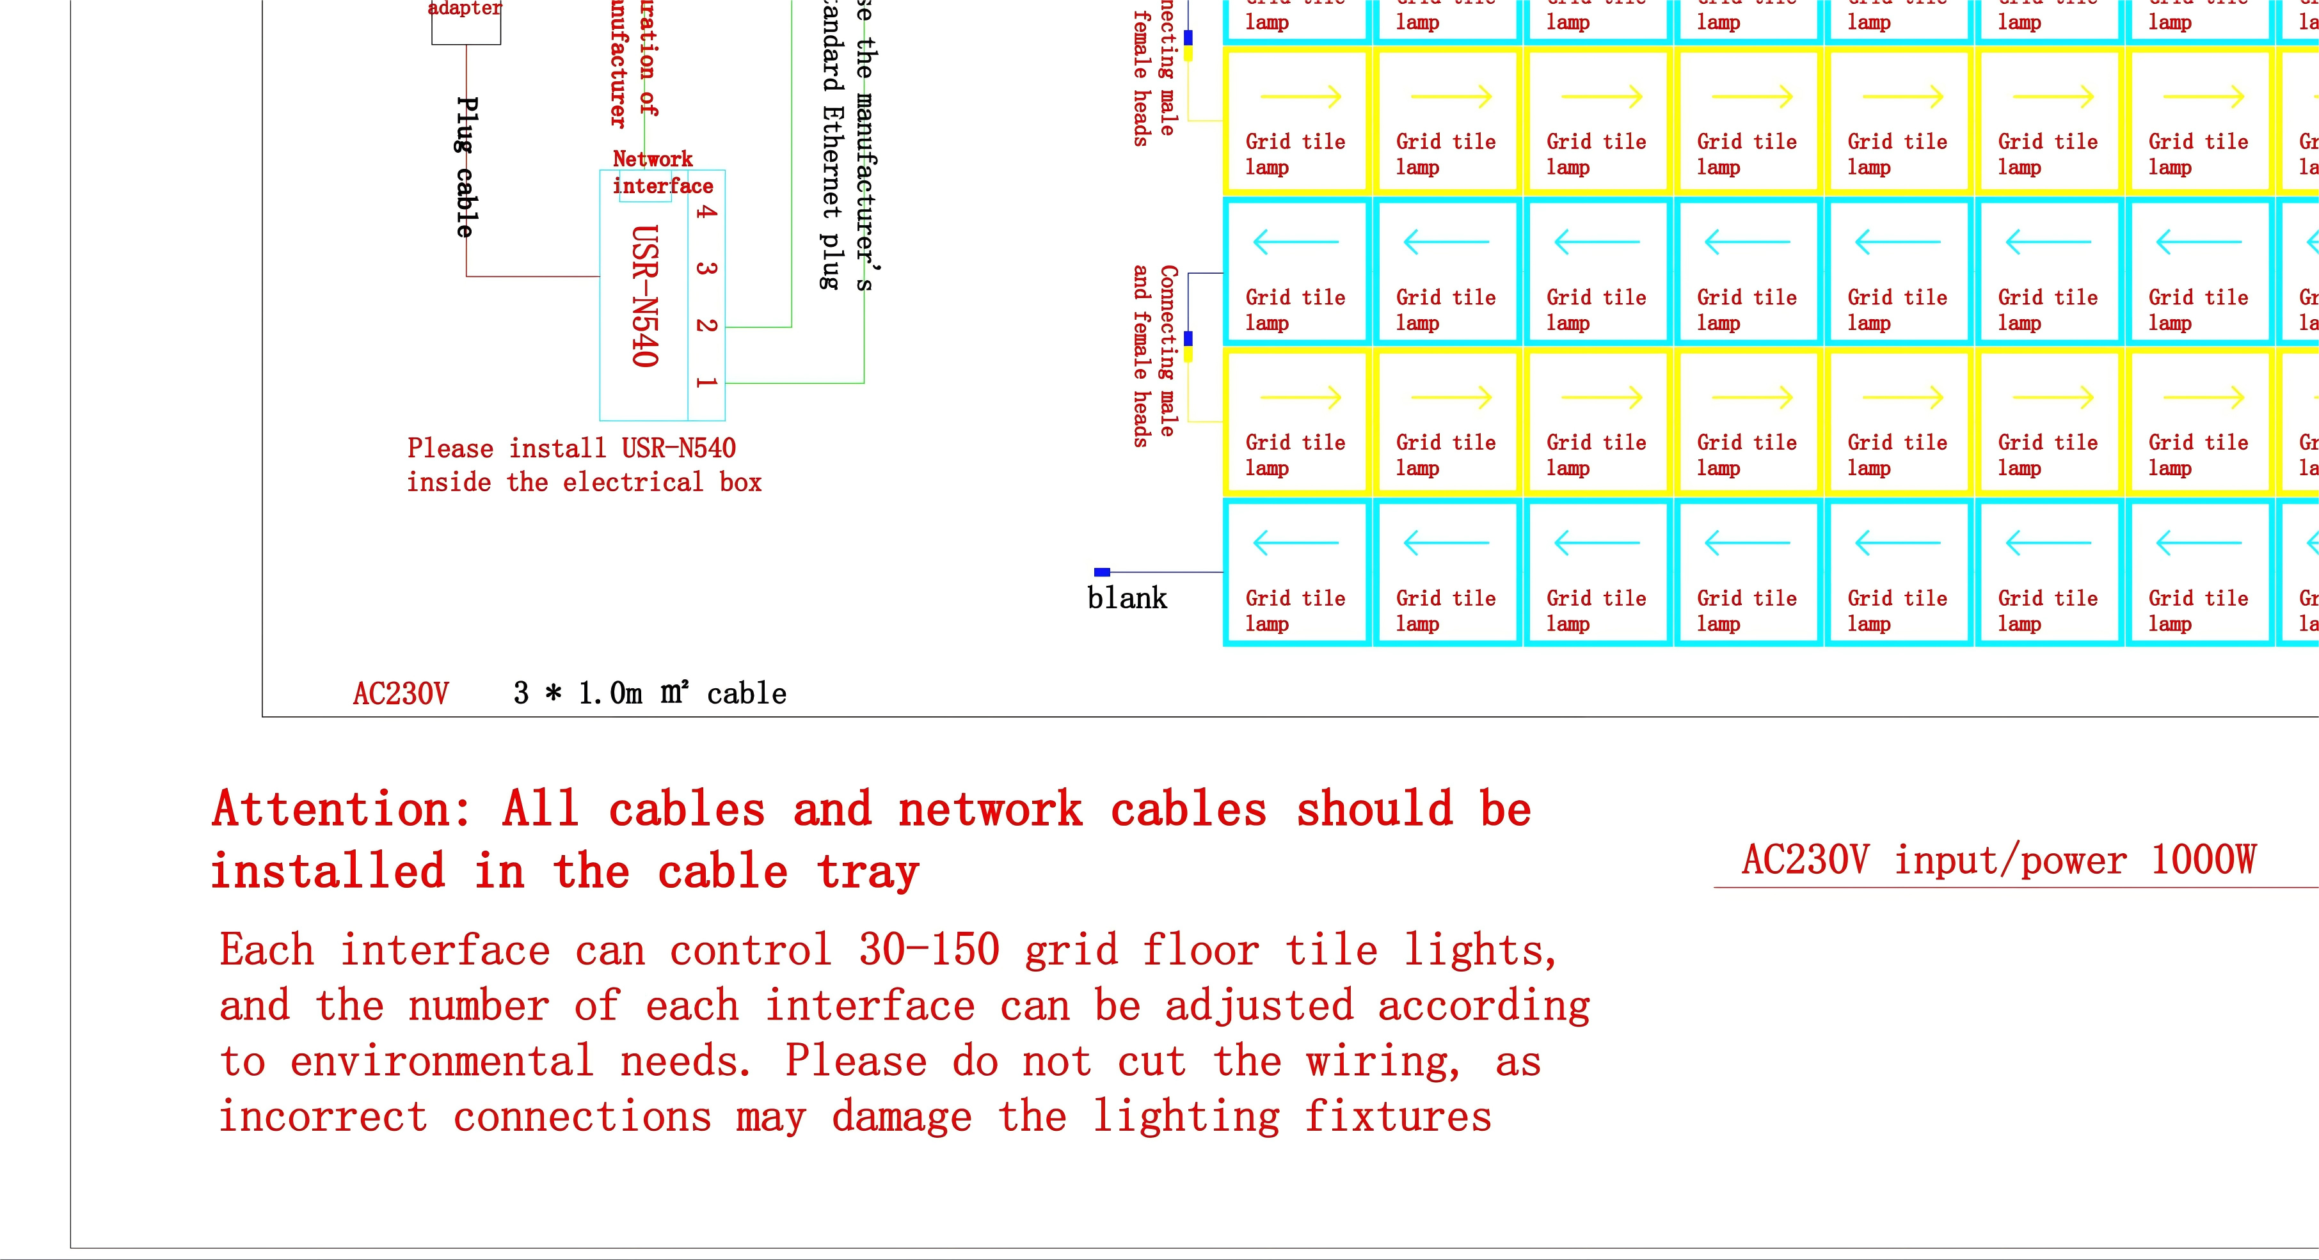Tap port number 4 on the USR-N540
tap(706, 212)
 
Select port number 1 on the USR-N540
tap(706, 382)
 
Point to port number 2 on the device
tap(706, 325)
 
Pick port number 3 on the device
tap(706, 268)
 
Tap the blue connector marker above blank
tap(1102, 572)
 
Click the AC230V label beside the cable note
tap(401, 694)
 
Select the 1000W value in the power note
tap(2203, 860)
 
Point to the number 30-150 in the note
tap(929, 950)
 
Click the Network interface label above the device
tap(662, 173)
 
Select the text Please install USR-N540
tap(571, 448)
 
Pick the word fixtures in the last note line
tap(1398, 1117)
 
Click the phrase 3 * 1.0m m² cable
tap(649, 693)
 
